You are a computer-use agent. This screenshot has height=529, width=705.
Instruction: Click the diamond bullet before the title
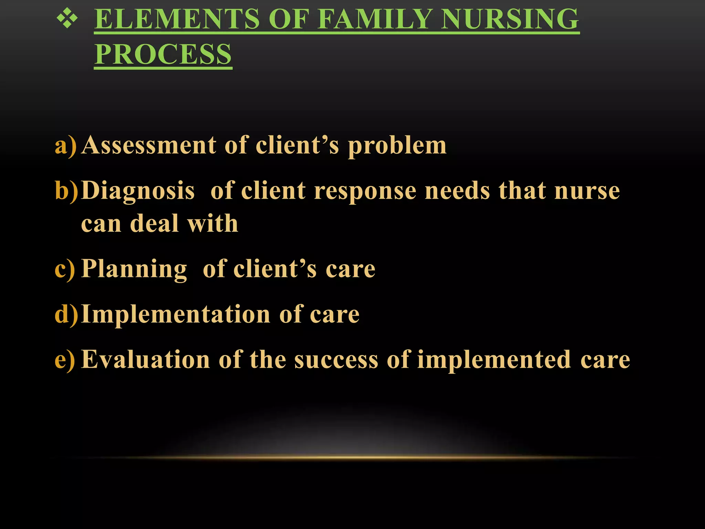tap(67, 19)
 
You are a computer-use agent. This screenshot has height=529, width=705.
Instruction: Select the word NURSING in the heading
tap(510, 19)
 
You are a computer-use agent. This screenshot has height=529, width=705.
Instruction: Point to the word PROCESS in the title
tap(163, 54)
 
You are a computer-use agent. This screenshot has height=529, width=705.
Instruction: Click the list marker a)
tap(65, 145)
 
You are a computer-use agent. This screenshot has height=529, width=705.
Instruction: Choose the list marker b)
tap(66, 191)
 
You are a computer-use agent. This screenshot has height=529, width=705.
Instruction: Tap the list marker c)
tap(65, 269)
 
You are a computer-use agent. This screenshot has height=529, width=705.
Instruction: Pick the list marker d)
tap(66, 315)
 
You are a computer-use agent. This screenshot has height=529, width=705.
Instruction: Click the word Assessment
tap(149, 145)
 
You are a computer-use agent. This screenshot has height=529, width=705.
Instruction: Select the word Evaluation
tap(146, 360)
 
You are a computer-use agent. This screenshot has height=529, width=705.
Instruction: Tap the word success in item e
tap(336, 360)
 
